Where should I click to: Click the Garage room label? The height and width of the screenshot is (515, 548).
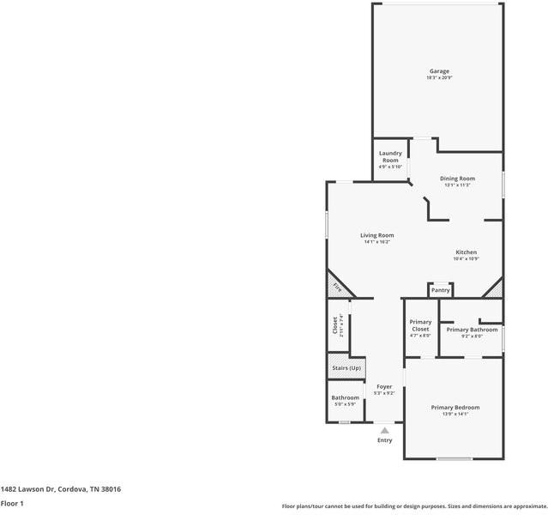click(x=439, y=71)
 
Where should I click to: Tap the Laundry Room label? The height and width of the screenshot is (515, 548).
click(x=390, y=156)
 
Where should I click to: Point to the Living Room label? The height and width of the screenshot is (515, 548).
click(x=376, y=235)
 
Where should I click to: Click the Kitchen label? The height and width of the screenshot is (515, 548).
click(x=466, y=252)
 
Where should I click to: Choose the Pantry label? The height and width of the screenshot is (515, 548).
click(x=440, y=291)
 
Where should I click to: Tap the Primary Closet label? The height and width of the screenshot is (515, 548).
click(x=420, y=325)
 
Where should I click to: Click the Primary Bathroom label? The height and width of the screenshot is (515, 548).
click(x=472, y=330)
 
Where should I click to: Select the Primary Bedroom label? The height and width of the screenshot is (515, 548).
click(x=455, y=408)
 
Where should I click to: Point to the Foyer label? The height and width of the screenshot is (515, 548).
click(x=384, y=387)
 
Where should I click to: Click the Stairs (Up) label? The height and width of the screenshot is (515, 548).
click(x=346, y=368)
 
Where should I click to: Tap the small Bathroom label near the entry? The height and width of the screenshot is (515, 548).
click(x=346, y=397)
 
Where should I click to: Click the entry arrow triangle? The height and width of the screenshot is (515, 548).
click(x=385, y=431)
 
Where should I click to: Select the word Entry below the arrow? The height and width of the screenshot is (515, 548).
click(x=385, y=441)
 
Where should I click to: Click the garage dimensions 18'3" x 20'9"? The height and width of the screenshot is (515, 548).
click(x=439, y=78)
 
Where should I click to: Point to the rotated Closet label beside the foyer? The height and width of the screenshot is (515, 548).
click(x=335, y=326)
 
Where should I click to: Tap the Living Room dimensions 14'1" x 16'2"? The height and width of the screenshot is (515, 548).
click(x=376, y=242)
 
